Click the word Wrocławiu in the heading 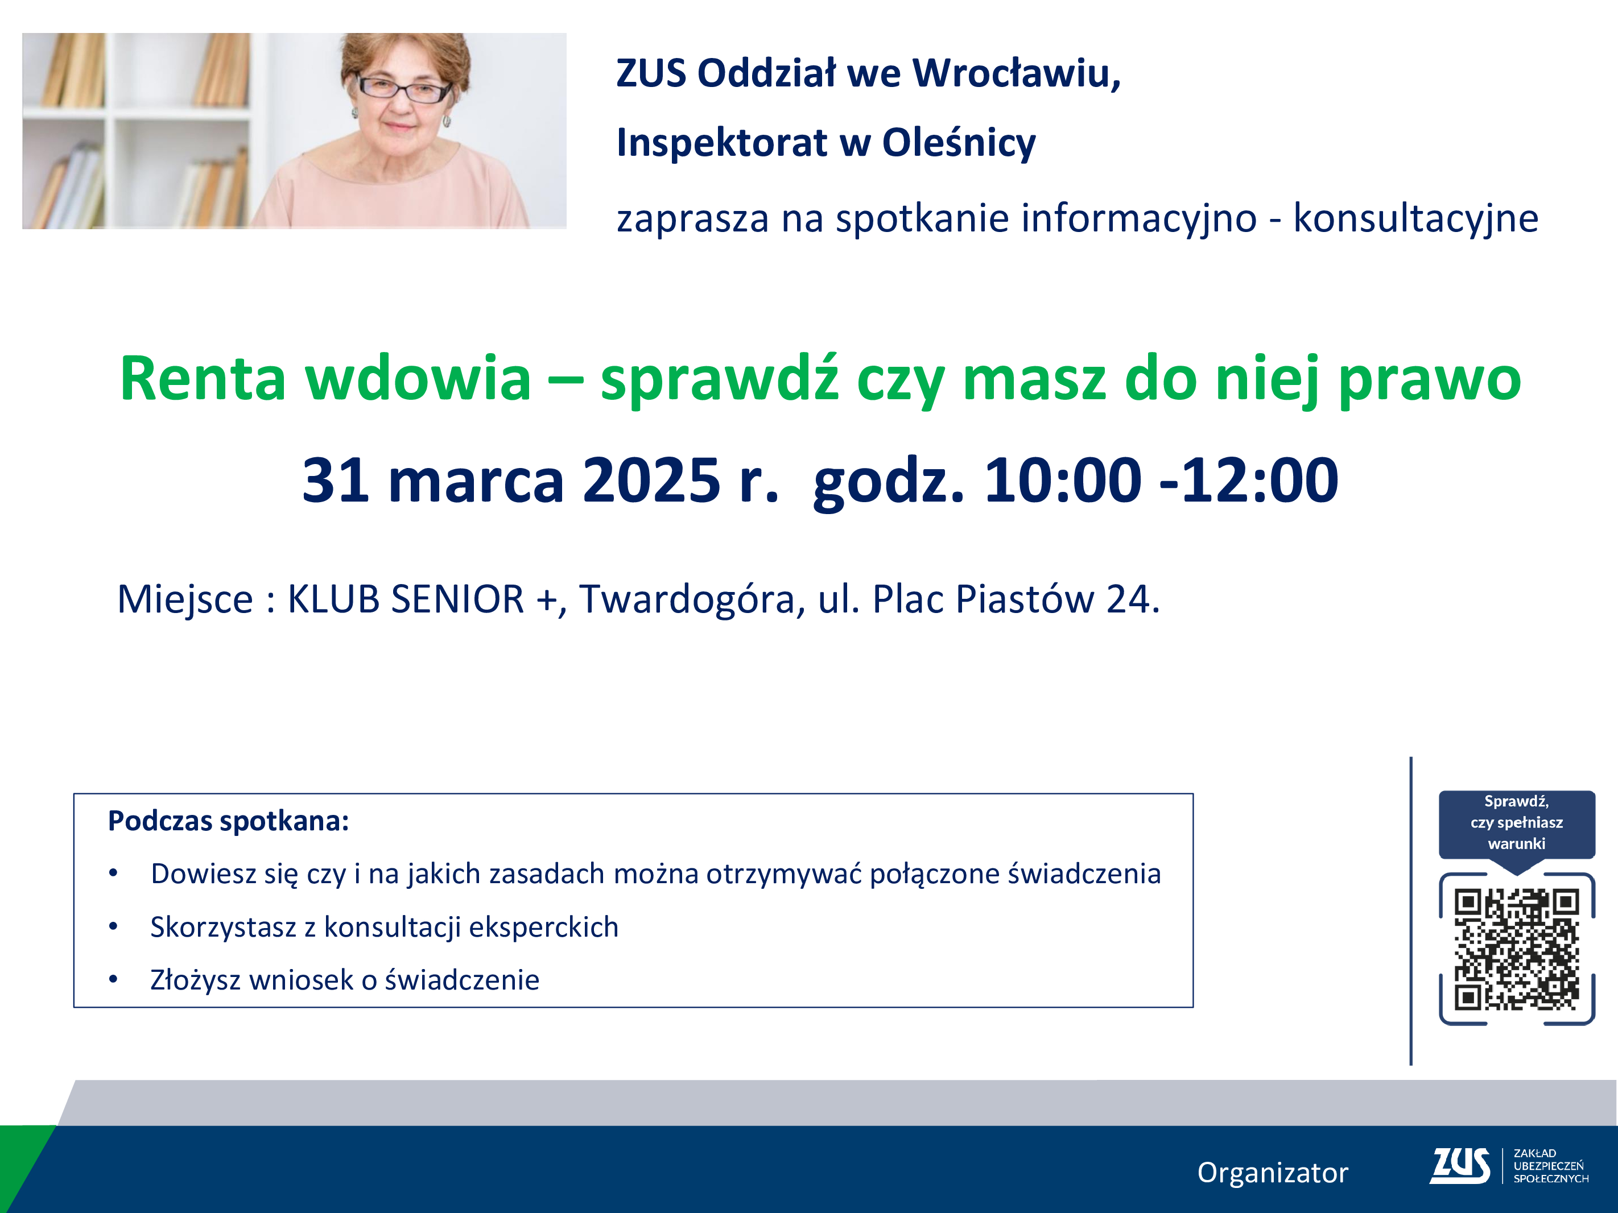[x=1017, y=74]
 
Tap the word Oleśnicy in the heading [x=959, y=143]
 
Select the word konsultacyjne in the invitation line [x=1416, y=218]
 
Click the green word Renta [x=203, y=378]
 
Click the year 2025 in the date [x=652, y=481]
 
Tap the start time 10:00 [x=1062, y=481]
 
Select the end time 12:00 [x=1260, y=481]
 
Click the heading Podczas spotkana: [x=228, y=822]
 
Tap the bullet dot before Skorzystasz [x=113, y=926]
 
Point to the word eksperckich [x=543, y=927]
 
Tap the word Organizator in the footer [x=1273, y=1173]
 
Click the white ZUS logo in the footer [x=1460, y=1165]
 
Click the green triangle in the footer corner [x=22, y=1162]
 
